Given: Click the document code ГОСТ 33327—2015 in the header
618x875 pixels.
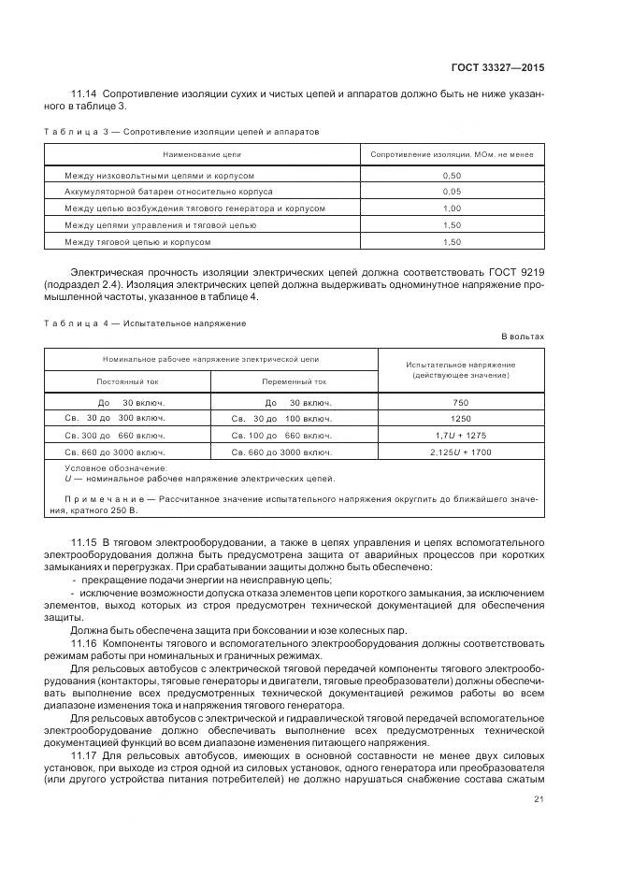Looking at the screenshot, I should pyautogui.click(x=498, y=68).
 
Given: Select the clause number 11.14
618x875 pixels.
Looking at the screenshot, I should pyautogui.click(x=84, y=94).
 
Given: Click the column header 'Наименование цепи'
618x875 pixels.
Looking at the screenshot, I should pyautogui.click(x=203, y=153).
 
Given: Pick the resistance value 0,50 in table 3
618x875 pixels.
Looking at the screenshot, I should pyautogui.click(x=452, y=176).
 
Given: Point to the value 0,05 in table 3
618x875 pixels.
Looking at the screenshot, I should pyautogui.click(x=452, y=192).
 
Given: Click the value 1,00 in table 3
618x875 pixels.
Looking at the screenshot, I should pyautogui.click(x=452, y=208).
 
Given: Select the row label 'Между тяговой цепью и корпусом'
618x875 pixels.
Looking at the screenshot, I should pyautogui.click(x=137, y=241).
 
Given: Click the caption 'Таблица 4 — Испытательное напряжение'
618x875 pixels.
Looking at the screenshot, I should pyautogui.click(x=145, y=323).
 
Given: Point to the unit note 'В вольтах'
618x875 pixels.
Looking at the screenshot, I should pyautogui.click(x=523, y=336).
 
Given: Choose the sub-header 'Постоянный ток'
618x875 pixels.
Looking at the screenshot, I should pyautogui.click(x=128, y=381).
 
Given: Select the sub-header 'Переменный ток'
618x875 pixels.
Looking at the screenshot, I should pyautogui.click(x=295, y=381).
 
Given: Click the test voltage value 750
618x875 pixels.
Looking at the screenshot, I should pyautogui.click(x=460, y=402).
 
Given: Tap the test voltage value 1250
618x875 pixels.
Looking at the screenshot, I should pyautogui.click(x=460, y=419).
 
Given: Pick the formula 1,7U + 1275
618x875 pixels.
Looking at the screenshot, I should pyautogui.click(x=460, y=436).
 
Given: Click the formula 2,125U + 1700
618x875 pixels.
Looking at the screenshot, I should pyautogui.click(x=460, y=452).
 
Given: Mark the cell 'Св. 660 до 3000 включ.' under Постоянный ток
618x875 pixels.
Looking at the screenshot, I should pyautogui.click(x=116, y=452).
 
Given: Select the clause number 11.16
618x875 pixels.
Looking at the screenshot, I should pyautogui.click(x=84, y=645).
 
